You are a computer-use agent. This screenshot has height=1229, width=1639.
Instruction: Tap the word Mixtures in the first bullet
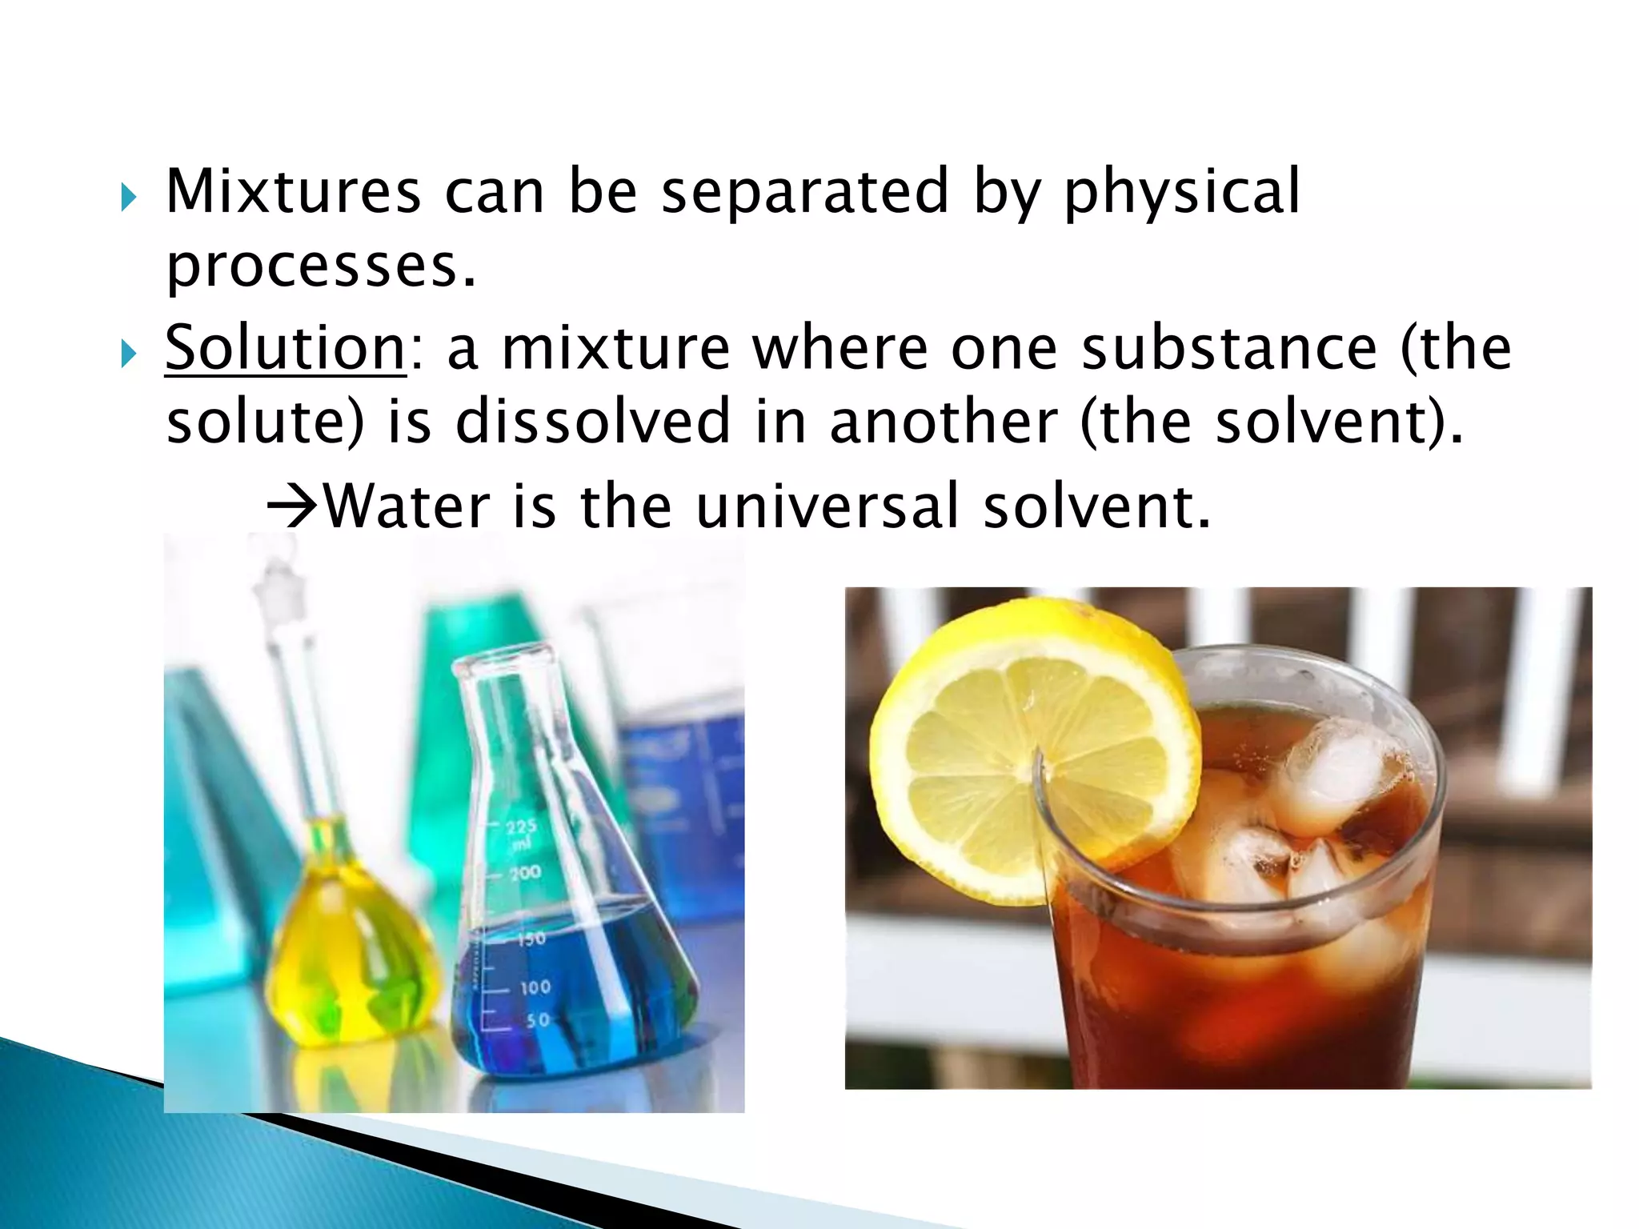point(293,192)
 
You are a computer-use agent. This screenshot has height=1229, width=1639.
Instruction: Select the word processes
point(321,267)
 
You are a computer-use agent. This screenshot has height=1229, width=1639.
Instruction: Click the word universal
point(827,506)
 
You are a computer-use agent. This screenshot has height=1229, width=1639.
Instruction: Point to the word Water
point(407,506)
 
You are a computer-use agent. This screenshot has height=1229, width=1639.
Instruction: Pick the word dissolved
point(592,422)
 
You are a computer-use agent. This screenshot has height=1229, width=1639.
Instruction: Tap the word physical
point(1181,192)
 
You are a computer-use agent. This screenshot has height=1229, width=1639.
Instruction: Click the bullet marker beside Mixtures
point(129,197)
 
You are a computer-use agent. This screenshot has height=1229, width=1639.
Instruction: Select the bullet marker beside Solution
point(129,353)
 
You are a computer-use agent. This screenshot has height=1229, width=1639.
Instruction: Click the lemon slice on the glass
point(1032,752)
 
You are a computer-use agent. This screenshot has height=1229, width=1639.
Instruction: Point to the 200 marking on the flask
point(526,872)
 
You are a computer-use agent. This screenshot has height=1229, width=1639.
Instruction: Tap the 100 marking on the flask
point(535,987)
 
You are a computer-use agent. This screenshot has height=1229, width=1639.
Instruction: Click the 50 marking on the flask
point(538,1020)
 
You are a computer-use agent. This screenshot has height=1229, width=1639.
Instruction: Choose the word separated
point(805,192)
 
